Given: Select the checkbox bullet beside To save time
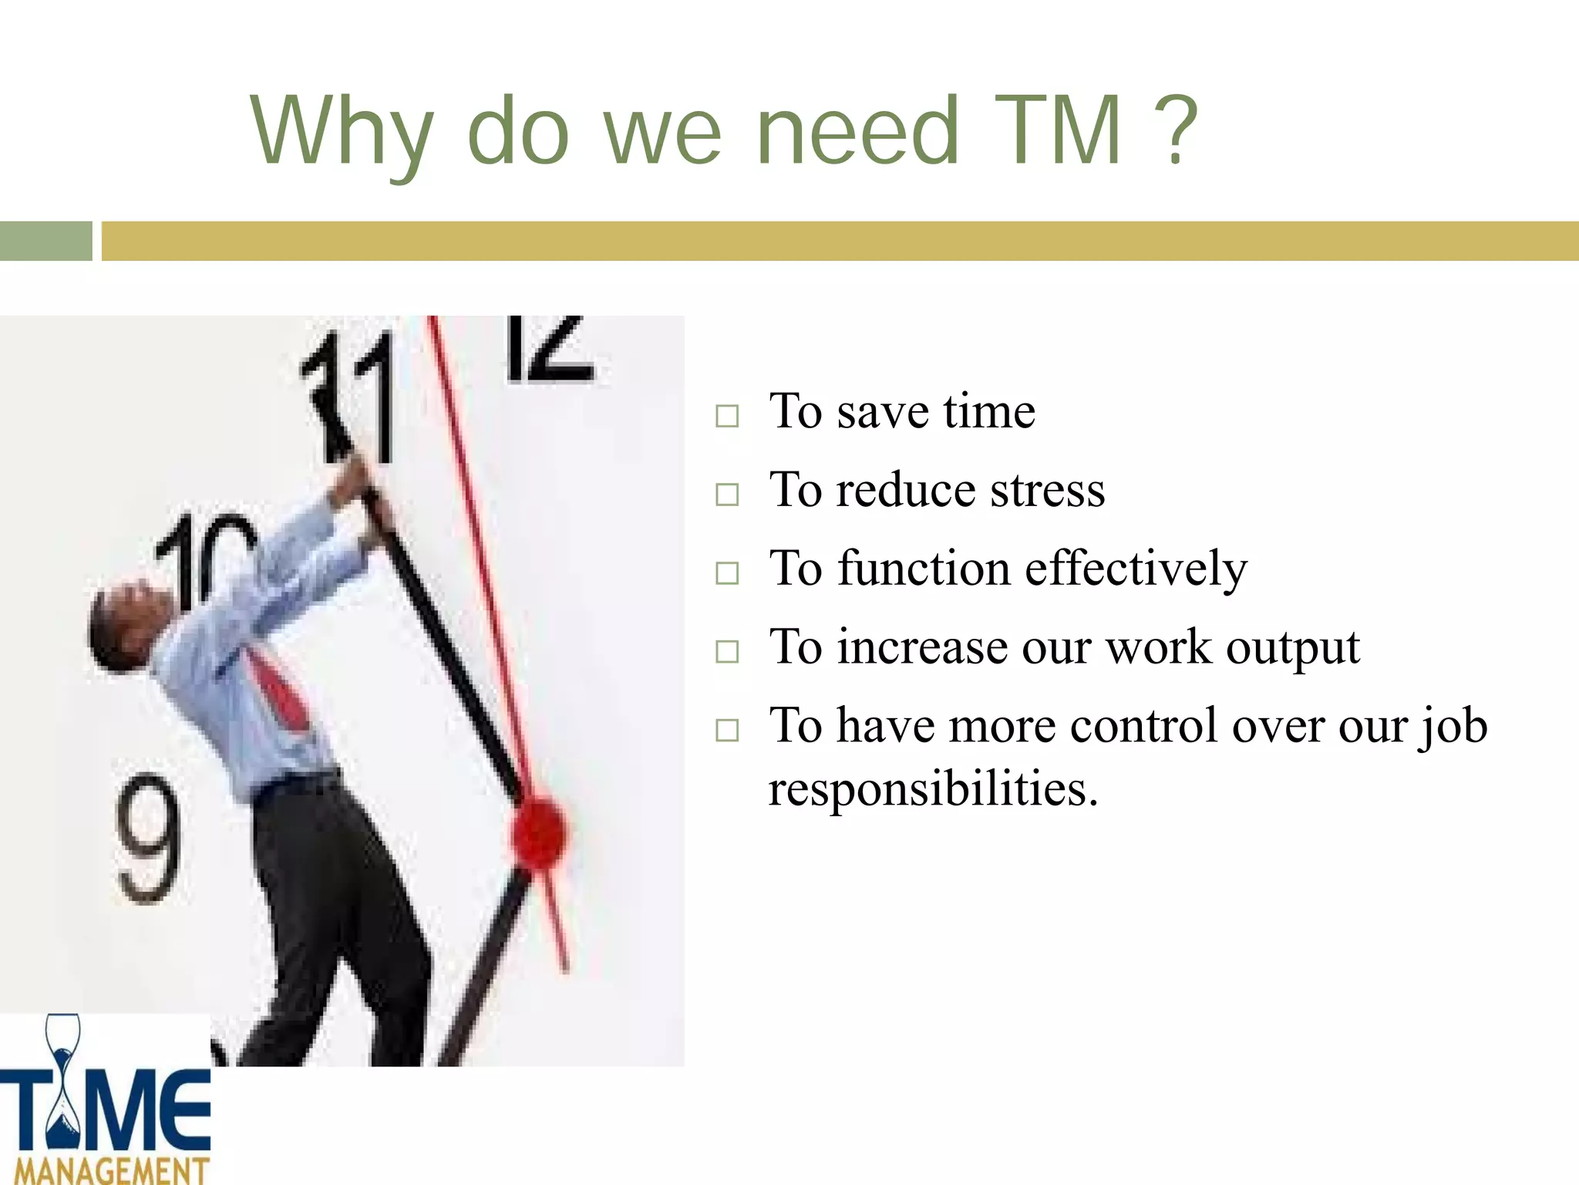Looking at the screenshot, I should pos(726,416).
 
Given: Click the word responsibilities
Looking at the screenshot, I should pos(933,790).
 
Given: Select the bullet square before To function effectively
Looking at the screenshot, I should pos(726,573).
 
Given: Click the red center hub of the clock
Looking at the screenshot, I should pos(540,832).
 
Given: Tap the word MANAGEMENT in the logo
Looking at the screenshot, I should pos(112,1170).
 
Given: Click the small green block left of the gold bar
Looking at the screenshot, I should pos(45,241).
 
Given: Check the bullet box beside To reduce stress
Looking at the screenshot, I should pos(726,495).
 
